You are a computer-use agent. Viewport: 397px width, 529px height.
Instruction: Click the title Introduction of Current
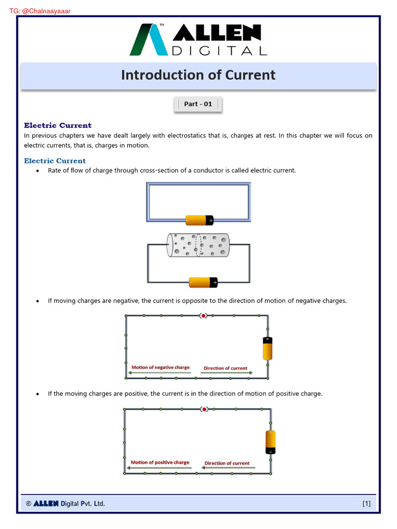(x=198, y=75)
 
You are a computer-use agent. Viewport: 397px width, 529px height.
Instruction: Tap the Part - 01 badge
(x=198, y=104)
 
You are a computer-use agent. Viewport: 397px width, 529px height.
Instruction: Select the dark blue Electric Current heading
(x=57, y=126)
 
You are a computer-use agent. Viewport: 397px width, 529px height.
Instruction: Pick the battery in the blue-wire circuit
(x=200, y=220)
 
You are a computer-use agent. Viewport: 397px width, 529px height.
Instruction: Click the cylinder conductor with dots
(x=198, y=245)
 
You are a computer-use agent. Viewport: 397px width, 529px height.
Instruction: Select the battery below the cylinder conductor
(x=203, y=282)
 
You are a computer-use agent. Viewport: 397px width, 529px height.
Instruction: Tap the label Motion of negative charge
(x=160, y=368)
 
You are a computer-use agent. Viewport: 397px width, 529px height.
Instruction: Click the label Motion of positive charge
(x=160, y=463)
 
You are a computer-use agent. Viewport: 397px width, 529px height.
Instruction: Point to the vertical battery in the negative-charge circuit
(x=267, y=348)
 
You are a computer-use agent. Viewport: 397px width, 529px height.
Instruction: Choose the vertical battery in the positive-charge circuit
(x=270, y=442)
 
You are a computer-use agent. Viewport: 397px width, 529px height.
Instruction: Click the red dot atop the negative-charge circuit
(x=204, y=316)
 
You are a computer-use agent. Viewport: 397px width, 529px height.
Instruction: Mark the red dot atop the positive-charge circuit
(x=204, y=409)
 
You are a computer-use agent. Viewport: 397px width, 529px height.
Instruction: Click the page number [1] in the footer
(x=366, y=504)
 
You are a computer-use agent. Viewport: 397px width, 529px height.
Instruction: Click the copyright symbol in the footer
(x=28, y=504)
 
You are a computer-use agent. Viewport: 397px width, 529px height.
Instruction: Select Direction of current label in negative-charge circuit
(x=225, y=368)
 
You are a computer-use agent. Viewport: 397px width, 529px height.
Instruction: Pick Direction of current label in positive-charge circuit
(x=227, y=463)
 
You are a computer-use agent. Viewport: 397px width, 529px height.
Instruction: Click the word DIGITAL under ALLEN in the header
(x=219, y=51)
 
